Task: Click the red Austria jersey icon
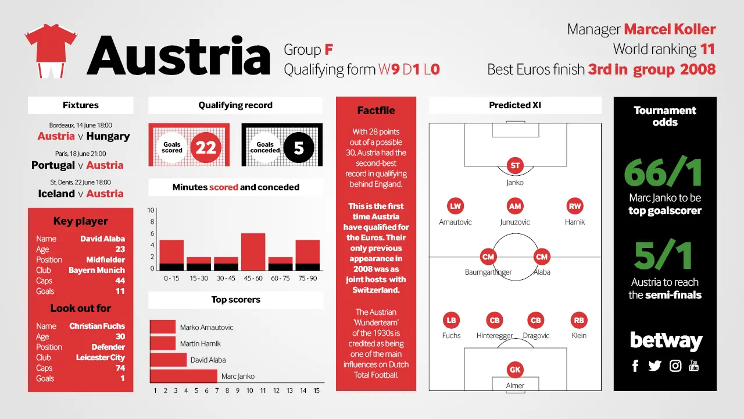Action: pos(51,51)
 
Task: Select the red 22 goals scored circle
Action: pos(206,147)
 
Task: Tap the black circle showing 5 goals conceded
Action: pos(299,147)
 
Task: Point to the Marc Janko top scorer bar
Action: pos(183,376)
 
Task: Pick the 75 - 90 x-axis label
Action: pos(307,278)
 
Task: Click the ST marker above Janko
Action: pos(515,166)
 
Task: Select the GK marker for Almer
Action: pos(515,370)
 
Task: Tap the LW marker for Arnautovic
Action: pos(455,206)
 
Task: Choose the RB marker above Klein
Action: pos(579,320)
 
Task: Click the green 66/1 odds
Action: pos(663,173)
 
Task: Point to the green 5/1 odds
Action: pos(663,255)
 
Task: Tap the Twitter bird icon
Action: pos(654,366)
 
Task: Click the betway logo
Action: pos(666,340)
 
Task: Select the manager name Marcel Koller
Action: pos(670,29)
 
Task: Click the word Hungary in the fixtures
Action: pos(108,136)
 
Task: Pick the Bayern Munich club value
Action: pos(96,270)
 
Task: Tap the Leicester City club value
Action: pos(101,357)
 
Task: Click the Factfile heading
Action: pos(376,111)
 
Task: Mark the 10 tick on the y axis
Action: pos(151,210)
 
